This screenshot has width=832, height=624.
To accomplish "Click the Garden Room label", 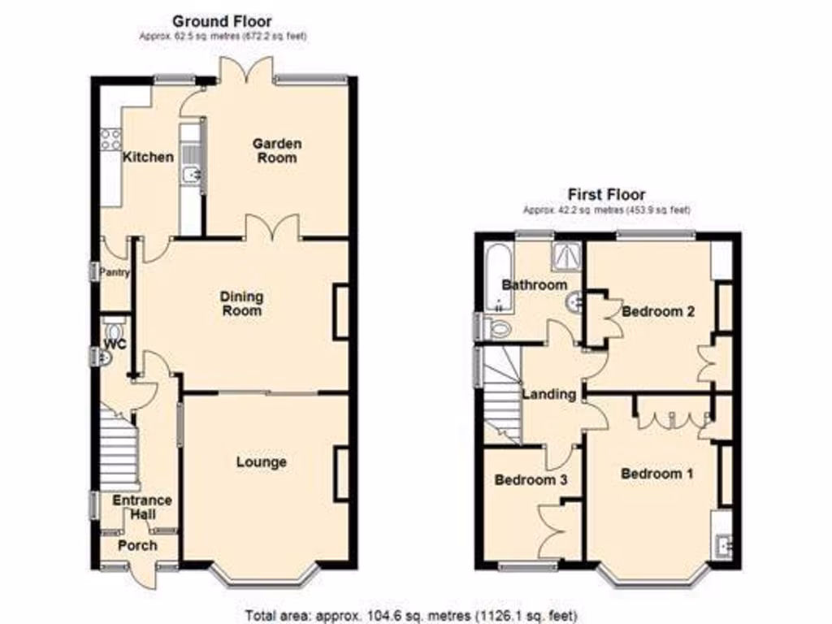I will click(x=276, y=150).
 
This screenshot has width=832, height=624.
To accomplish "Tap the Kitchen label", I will click(x=148, y=157).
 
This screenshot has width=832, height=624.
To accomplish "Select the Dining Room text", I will click(x=242, y=304).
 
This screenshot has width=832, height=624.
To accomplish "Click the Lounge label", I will click(x=262, y=462).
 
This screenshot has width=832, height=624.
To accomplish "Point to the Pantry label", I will click(x=114, y=273).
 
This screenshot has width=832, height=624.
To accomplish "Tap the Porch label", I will click(x=137, y=544).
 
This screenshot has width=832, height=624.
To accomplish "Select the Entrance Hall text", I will click(x=142, y=507).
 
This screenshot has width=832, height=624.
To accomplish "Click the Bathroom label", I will click(x=534, y=285).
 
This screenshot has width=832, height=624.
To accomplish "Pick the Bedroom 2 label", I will click(x=657, y=311).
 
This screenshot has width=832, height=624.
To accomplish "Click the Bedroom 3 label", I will click(x=531, y=480).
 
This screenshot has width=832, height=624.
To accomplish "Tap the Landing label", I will click(x=548, y=395).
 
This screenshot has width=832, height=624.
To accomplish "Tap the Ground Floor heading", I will click(x=222, y=22).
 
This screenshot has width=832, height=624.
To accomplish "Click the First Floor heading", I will click(x=606, y=194).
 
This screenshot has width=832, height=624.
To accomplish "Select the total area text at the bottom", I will click(x=412, y=615).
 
